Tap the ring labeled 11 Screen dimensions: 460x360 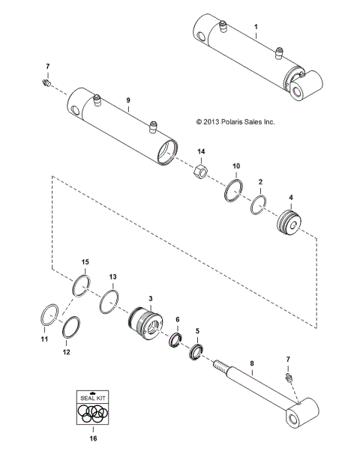[49, 314]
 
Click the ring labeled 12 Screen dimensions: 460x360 [70, 327]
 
